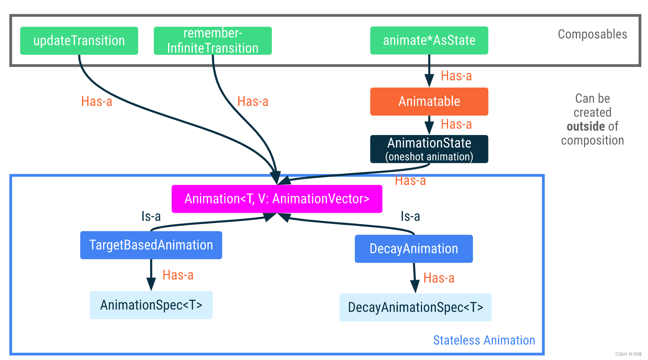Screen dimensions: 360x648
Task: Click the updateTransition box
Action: [x=79, y=41]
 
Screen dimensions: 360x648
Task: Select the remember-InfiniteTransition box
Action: [x=212, y=41]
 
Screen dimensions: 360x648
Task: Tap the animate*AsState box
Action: [x=429, y=40]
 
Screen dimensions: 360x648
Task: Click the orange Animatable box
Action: [x=429, y=101]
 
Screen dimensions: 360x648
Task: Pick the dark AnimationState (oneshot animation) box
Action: [x=429, y=149]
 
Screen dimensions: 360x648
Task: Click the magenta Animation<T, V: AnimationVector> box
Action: [x=277, y=199]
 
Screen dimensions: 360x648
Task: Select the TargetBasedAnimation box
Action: [x=151, y=245]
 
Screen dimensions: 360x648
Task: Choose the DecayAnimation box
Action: [x=414, y=249]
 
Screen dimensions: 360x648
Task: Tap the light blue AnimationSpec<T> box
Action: [x=151, y=305]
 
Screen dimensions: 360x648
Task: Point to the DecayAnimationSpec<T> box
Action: [x=415, y=307]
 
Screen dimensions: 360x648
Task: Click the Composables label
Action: [x=592, y=35]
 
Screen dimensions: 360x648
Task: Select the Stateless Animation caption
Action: [x=484, y=340]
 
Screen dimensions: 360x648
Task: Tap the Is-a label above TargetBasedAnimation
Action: [x=151, y=216]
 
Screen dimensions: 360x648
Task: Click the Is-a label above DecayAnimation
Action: [x=410, y=216]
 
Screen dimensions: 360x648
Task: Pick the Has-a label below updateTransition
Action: [x=97, y=102]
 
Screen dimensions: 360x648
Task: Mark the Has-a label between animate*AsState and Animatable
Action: [x=456, y=76]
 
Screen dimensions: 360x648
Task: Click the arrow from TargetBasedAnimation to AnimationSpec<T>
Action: [x=151, y=274]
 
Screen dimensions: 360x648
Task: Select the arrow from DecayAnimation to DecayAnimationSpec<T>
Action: [x=414, y=277]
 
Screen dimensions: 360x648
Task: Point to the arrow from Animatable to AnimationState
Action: [x=429, y=125]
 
